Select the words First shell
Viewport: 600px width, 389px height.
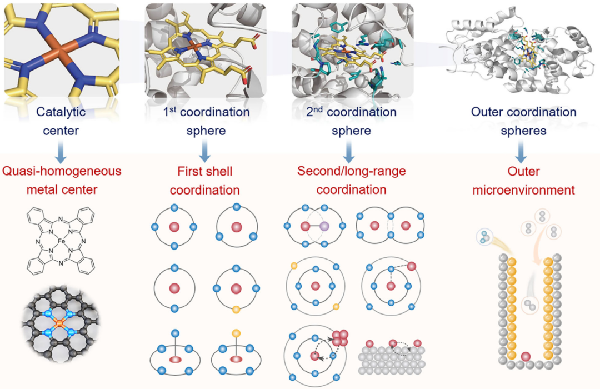pos(204,172)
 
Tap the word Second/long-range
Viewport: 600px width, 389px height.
pos(351,172)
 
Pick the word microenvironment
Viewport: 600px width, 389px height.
pos(523,190)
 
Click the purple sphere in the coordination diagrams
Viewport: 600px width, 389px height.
pos(324,226)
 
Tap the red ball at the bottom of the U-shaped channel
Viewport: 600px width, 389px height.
pos(526,356)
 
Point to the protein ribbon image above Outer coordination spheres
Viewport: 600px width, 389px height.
pos(514,53)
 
